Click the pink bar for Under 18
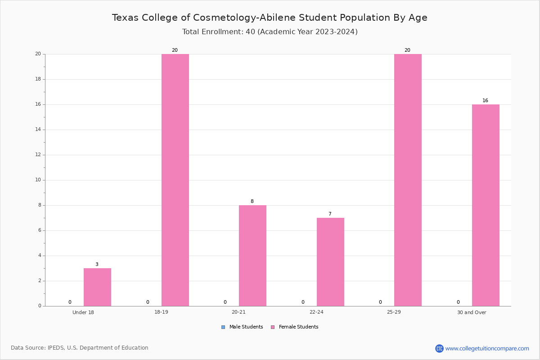(97, 287)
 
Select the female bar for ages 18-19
(175, 180)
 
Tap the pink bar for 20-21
(252, 256)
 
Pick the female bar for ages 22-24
(330, 262)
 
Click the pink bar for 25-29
(408, 180)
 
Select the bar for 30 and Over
(486, 205)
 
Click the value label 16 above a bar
(485, 100)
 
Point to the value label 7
(330, 214)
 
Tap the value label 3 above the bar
(97, 264)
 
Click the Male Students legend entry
(242, 327)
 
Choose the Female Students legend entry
(295, 327)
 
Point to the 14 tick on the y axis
(38, 130)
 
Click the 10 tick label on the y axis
(38, 180)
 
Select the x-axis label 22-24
(316, 312)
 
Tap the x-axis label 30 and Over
(472, 312)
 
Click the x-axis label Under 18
(83, 312)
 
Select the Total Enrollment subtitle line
(270, 32)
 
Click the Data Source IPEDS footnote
(80, 348)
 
